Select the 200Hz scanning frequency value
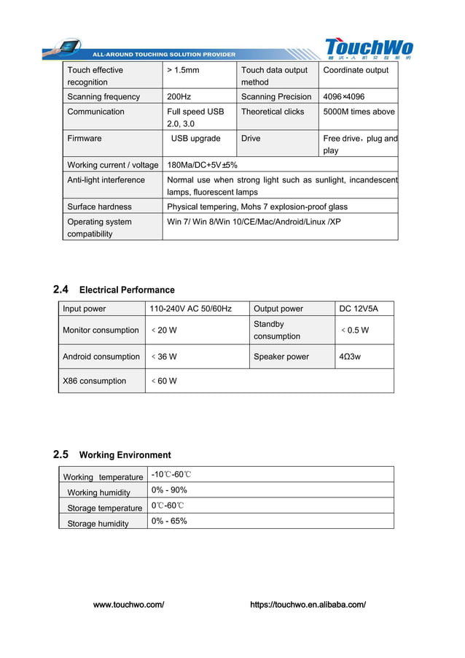[x=179, y=97]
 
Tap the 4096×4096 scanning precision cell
[x=344, y=97]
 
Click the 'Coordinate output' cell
[x=356, y=70]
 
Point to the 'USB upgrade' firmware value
[x=195, y=139]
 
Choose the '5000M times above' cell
[x=359, y=112]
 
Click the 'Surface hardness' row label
[x=100, y=207]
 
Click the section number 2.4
[x=61, y=289]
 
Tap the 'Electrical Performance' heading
[x=127, y=290]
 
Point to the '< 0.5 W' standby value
[x=355, y=330]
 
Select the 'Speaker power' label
[x=281, y=357]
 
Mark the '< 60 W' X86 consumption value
[x=164, y=381]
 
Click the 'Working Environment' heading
[x=125, y=454]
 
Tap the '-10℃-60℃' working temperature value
[x=171, y=475]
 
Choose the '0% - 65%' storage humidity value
[x=169, y=521]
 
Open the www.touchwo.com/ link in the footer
[x=129, y=605]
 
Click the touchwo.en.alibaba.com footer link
[x=308, y=605]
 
